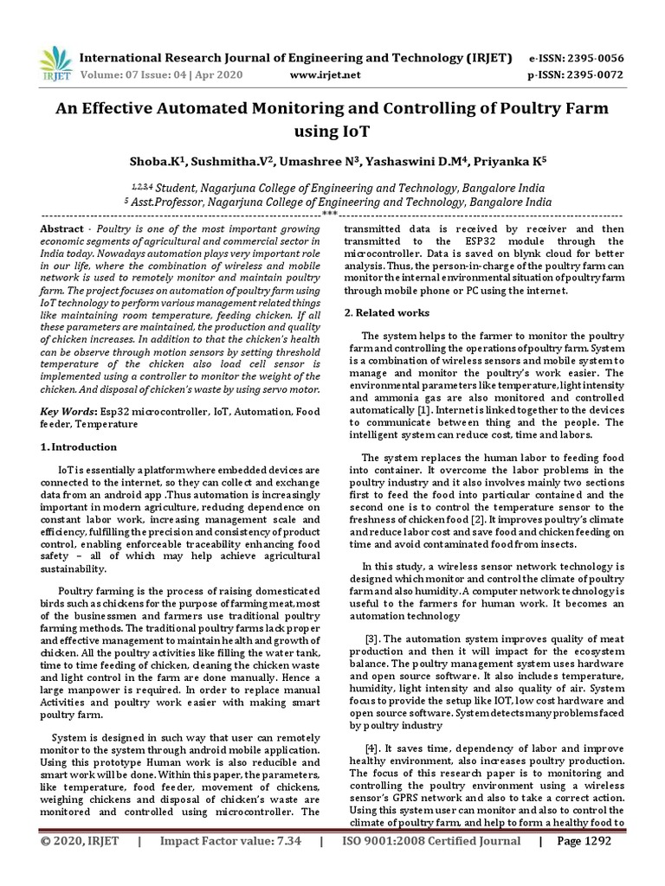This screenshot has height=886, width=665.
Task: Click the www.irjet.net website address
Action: click(x=325, y=75)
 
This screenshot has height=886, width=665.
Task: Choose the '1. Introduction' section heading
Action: click(x=79, y=447)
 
